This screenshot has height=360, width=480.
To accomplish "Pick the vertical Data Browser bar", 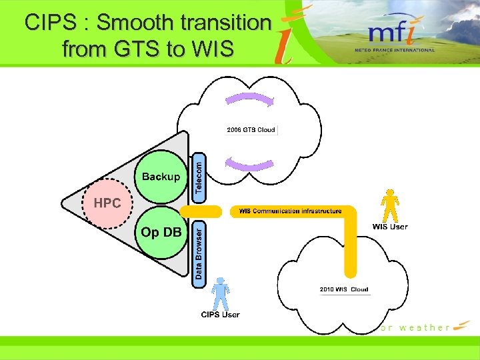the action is coord(199,254).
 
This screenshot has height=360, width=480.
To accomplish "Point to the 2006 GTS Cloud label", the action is coord(251,129).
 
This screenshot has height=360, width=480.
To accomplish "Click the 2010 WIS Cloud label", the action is coord(344,289).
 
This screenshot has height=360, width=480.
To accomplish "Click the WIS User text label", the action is coord(389,227).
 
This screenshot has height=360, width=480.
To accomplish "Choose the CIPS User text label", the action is coord(220,314).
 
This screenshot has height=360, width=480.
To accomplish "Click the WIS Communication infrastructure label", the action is coord(290,211).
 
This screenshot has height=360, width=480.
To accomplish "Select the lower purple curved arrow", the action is coord(249,163).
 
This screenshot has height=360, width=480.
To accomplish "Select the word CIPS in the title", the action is coord(49,23).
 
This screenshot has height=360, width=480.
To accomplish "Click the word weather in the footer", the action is coord(424,327).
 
